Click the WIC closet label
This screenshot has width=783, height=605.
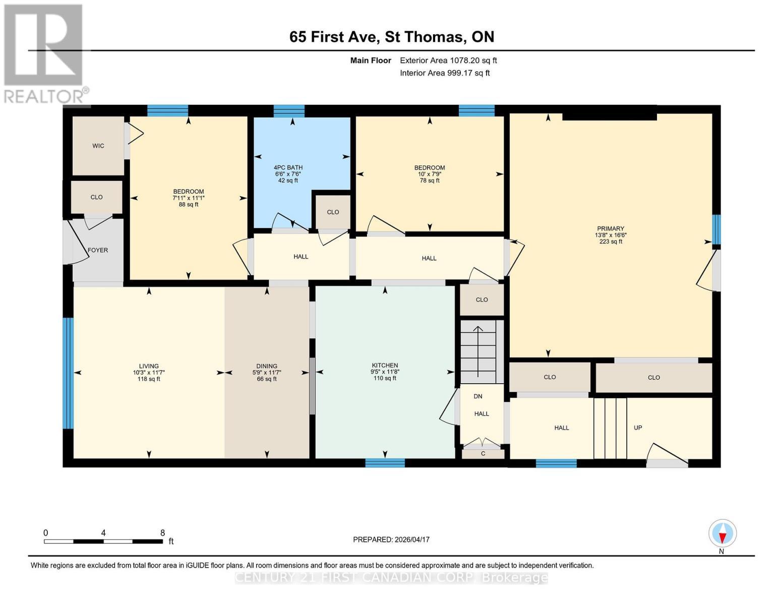tap(98, 146)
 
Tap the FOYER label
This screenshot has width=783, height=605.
tap(98, 250)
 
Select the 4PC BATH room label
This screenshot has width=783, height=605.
tap(288, 167)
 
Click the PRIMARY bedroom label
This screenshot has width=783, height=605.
tap(611, 228)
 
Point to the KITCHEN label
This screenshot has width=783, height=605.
tap(385, 365)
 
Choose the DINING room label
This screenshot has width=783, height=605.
tap(267, 366)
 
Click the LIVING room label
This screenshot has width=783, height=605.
tap(149, 366)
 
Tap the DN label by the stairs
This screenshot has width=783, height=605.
tap(478, 396)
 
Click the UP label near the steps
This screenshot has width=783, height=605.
tap(638, 428)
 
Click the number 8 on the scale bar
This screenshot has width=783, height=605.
tap(162, 532)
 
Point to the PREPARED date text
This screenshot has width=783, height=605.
tap(391, 539)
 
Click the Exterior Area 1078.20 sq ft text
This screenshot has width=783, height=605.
tap(448, 60)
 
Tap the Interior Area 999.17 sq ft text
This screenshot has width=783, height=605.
tap(445, 73)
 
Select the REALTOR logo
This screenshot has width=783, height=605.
tap(44, 53)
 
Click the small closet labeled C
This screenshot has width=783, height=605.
tap(483, 454)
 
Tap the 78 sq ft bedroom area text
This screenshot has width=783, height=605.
tap(430, 180)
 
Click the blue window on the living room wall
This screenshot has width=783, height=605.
tap(68, 373)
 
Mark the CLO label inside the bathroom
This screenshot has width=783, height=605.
tap(333, 212)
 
